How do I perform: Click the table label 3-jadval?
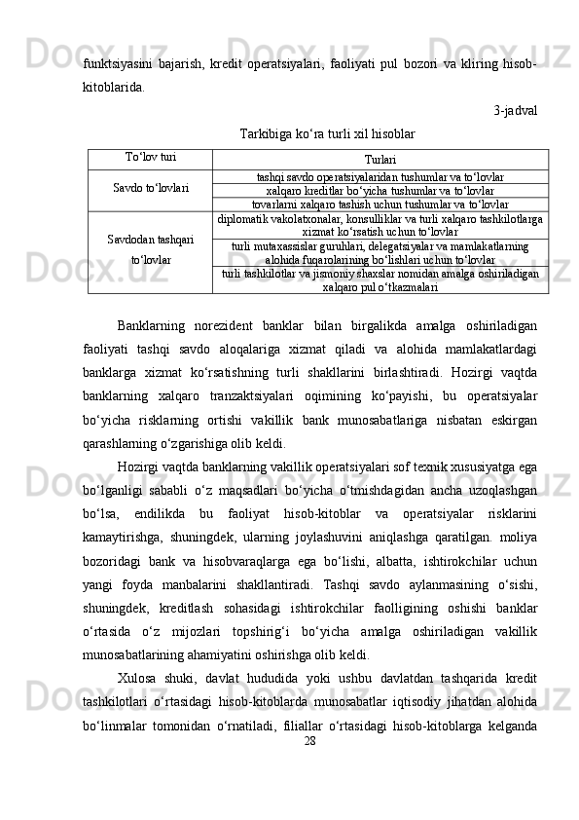[515, 110]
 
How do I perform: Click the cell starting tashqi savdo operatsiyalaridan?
[380, 177]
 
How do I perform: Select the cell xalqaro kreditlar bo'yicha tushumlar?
[380, 191]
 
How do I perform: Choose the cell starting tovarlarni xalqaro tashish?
[380, 205]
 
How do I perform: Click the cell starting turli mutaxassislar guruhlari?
[380, 253]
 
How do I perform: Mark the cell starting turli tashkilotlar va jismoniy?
[380, 280]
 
